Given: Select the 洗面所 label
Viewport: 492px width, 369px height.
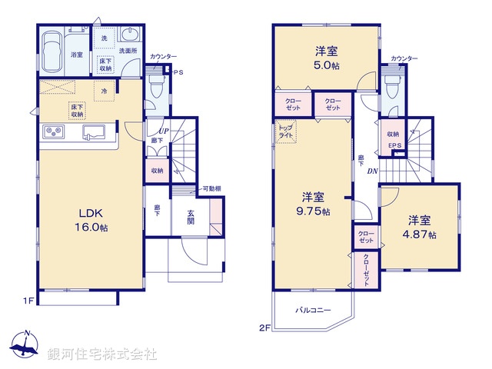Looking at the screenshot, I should [x=127, y=52].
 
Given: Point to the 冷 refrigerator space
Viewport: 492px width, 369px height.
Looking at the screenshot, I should [x=105, y=91].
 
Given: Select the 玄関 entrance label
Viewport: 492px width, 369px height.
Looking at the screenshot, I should [x=191, y=218].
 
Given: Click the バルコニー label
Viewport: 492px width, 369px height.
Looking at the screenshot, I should [x=314, y=310].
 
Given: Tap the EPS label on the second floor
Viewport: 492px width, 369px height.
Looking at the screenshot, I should [x=394, y=146].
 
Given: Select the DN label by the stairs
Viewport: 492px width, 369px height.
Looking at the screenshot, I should [x=372, y=171].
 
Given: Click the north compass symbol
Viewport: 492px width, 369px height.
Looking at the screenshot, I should [x=25, y=345].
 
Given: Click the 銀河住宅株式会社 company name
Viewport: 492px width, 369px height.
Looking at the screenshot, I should [x=101, y=354].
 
